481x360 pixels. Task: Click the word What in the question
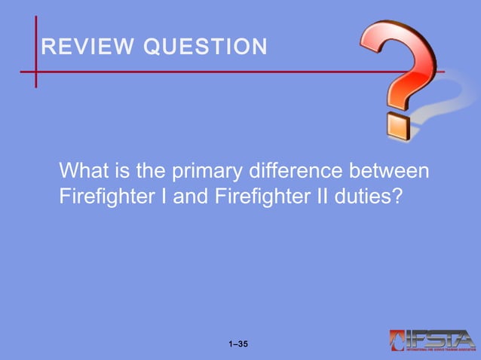pos(84,171)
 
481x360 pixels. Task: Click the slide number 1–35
pos(238,345)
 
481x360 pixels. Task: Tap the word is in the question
pos(121,171)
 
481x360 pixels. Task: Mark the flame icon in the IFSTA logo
pos(397,340)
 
